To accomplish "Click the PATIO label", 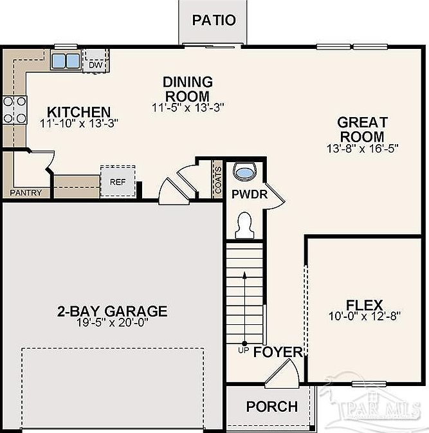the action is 214,20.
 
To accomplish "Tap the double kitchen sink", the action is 66,60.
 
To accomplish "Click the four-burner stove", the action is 15,110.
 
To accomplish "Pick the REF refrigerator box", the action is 118,181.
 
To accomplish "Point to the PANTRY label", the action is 26,192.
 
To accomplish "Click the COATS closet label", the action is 218,180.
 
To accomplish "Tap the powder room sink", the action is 245,172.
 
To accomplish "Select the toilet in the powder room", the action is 244,225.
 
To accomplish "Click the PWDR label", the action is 250,194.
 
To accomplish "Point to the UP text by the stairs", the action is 244,351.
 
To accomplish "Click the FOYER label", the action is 278,352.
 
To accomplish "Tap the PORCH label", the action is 272,407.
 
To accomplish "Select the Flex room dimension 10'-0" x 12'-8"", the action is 365,316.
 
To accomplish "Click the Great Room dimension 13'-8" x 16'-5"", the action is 363,149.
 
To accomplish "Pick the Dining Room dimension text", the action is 188,107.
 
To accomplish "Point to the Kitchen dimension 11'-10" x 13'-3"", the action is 79,124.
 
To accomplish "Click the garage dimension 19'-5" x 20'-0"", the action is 112,322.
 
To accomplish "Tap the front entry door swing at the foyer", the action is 282,372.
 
